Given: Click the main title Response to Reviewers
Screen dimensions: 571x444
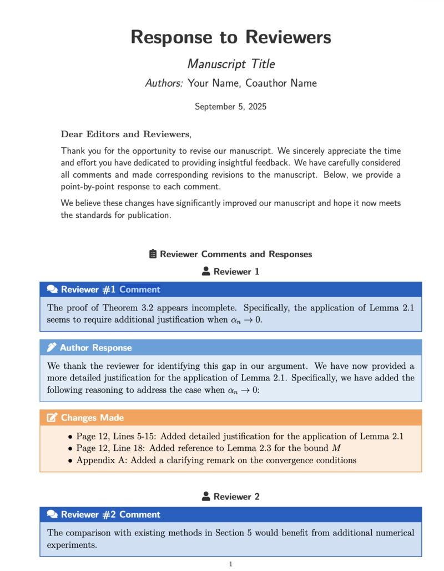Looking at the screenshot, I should tap(230, 37).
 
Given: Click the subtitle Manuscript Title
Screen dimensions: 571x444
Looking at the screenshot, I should tap(231, 64).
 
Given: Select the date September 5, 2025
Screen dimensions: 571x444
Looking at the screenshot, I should tap(230, 106).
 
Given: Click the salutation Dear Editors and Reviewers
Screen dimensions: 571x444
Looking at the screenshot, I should tap(125, 134).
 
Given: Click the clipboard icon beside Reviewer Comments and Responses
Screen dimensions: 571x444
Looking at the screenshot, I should tap(153, 254).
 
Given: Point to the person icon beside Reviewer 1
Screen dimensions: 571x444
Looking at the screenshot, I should tap(206, 272).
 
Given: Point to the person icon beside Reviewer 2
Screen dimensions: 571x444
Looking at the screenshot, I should tap(206, 497).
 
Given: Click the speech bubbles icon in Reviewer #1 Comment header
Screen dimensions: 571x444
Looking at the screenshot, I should tap(53, 289).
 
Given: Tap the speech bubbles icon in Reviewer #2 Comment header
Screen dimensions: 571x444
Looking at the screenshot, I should tap(53, 514).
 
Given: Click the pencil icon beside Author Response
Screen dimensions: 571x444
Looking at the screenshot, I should tap(52, 348).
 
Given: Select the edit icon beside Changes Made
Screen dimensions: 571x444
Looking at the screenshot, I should tap(52, 418).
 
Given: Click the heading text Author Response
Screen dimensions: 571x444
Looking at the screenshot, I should tap(95, 348).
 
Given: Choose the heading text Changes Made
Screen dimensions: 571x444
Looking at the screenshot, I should tap(92, 418).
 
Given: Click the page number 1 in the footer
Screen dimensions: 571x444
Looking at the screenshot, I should tap(230, 564).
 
